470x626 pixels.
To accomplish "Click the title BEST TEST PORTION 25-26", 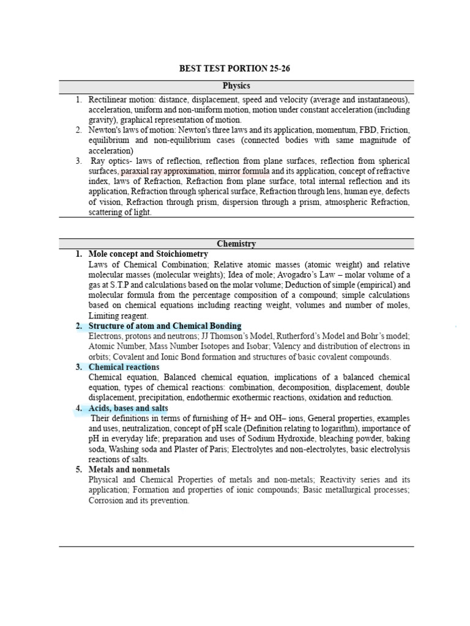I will coord(234,68).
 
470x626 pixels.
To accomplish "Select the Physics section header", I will coord(236,86).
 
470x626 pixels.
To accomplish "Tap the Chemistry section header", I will coord(236,243).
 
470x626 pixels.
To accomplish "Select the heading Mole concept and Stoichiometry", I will coord(148,254).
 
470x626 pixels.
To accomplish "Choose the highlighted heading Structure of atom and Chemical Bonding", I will coord(165,326).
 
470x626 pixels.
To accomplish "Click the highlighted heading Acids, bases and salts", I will coord(128,408).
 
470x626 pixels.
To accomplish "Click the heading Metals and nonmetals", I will coord(129,469).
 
